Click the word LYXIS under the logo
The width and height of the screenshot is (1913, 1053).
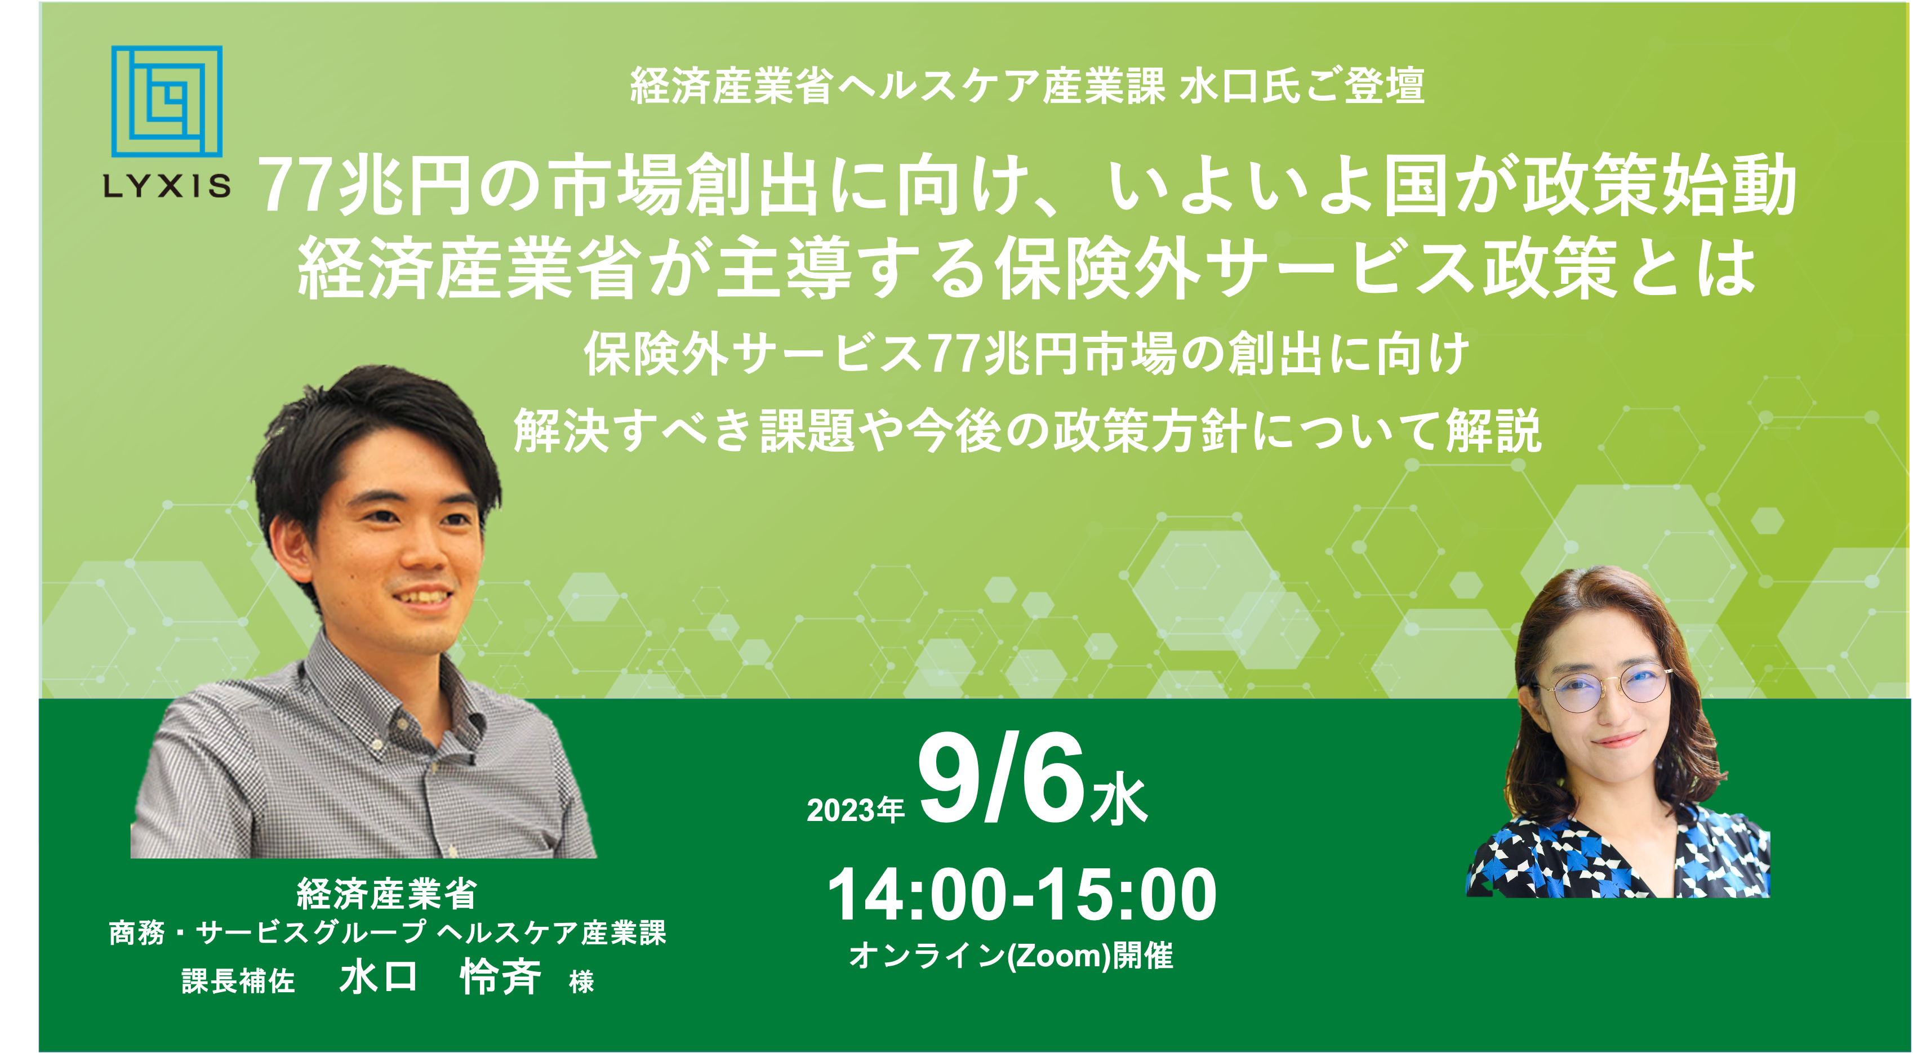click(167, 186)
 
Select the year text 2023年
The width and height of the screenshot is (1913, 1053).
click(856, 809)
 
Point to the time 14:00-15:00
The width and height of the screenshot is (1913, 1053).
click(1021, 895)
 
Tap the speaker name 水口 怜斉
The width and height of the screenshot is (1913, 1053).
click(441, 976)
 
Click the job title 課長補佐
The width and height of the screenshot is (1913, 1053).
click(238, 981)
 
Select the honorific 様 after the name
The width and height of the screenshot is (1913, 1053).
click(581, 981)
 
